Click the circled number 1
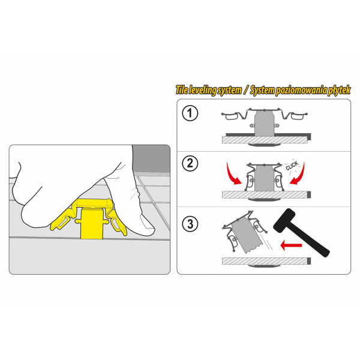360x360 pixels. click(x=190, y=113)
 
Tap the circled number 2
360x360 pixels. click(x=190, y=163)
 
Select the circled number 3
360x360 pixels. click(x=190, y=224)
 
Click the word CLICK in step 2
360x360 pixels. click(x=292, y=166)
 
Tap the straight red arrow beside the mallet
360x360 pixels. click(x=291, y=245)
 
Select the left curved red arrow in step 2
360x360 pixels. click(x=233, y=175)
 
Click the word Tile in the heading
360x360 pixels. click(x=182, y=90)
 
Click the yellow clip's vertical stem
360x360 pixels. click(x=91, y=223)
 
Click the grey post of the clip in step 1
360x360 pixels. click(x=265, y=124)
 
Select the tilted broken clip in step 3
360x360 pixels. click(x=245, y=232)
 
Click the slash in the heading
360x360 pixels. click(x=247, y=90)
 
